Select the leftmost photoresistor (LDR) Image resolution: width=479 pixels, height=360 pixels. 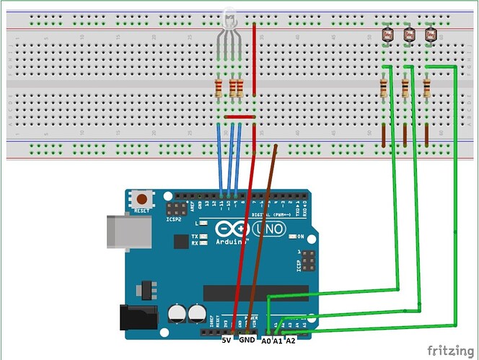click(387, 34)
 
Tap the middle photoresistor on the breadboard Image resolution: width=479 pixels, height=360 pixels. click(408, 34)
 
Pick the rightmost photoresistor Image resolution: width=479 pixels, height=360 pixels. click(431, 34)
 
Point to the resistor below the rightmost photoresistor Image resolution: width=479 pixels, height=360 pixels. click(427, 88)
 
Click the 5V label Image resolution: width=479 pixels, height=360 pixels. click(227, 340)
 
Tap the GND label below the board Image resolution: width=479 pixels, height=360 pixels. click(247, 340)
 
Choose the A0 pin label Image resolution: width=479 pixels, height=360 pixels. click(266, 340)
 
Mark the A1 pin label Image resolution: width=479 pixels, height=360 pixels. click(278, 340)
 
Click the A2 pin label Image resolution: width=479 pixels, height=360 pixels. click(291, 340)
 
